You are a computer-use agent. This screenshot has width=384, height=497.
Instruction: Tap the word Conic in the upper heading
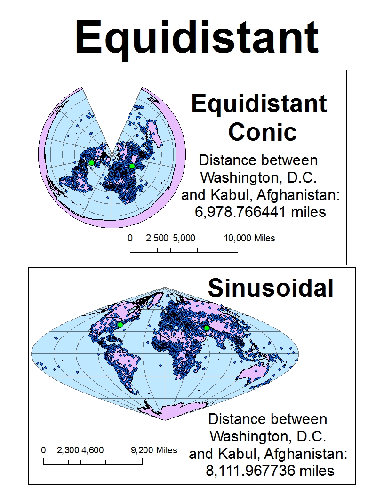click(263, 132)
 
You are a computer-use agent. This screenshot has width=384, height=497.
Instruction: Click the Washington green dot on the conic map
click(92, 163)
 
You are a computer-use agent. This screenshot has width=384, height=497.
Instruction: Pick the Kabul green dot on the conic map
click(132, 166)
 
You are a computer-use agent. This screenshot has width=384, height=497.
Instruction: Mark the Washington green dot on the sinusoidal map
click(120, 325)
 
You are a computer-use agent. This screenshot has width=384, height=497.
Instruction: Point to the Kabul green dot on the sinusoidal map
click(207, 328)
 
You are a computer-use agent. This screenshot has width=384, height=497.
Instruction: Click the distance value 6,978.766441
click(247, 212)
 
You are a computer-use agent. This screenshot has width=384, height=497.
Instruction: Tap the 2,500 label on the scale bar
click(157, 238)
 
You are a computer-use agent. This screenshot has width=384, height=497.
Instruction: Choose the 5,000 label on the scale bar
click(184, 238)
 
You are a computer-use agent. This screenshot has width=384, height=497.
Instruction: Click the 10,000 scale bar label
click(238, 238)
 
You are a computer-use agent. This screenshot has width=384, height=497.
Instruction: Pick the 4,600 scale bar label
click(93, 450)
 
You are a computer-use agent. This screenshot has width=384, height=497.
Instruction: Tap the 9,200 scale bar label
click(143, 450)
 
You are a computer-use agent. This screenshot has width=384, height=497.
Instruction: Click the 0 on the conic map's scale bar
click(130, 238)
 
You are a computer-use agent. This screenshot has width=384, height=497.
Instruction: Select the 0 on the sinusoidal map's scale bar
click(43, 450)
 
